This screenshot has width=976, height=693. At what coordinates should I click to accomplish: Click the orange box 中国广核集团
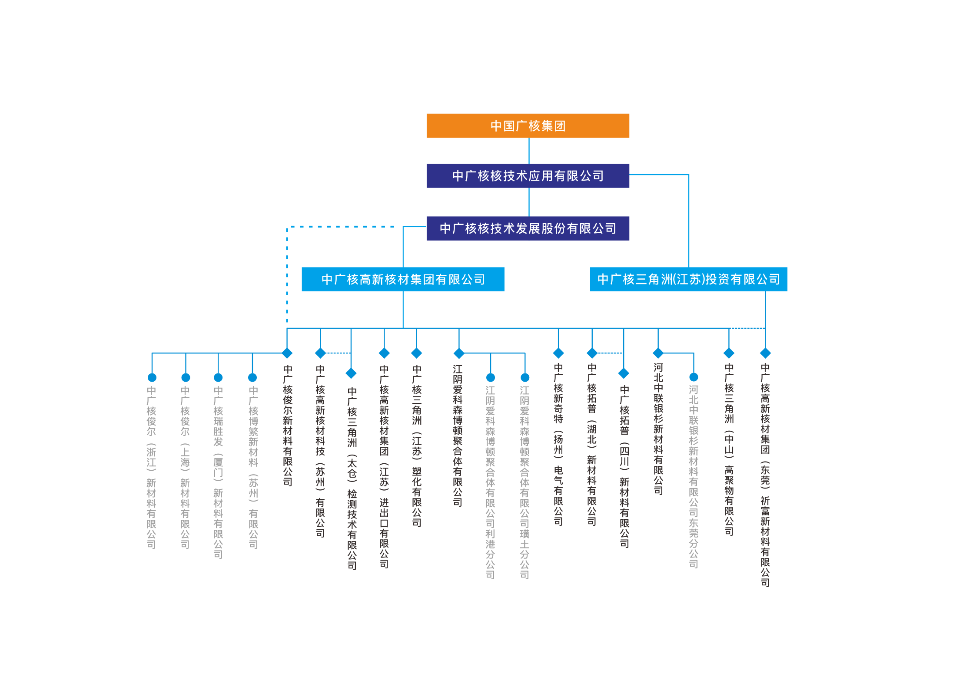pyautogui.click(x=528, y=125)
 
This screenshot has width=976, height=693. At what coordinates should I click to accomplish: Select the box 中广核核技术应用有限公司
pyautogui.click(x=528, y=175)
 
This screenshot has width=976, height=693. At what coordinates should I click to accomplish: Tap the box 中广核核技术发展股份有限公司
pyautogui.click(x=528, y=228)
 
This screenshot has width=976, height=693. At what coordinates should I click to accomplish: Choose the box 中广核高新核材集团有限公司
pyautogui.click(x=403, y=279)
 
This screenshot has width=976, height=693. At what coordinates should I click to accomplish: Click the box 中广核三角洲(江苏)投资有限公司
pyautogui.click(x=688, y=279)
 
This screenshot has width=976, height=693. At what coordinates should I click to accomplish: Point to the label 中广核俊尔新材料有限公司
pyautogui.click(x=287, y=425)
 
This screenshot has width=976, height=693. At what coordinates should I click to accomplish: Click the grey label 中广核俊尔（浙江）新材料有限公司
pyautogui.click(x=151, y=467)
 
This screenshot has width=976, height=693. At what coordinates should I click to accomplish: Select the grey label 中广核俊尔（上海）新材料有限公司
pyautogui.click(x=185, y=467)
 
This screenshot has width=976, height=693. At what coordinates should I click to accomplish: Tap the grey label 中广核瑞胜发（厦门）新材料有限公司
pyautogui.click(x=218, y=472)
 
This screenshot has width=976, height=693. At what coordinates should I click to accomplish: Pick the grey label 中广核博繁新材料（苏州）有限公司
pyautogui.click(x=253, y=467)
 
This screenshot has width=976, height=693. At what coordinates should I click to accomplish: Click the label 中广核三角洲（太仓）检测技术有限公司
pyautogui.click(x=352, y=478)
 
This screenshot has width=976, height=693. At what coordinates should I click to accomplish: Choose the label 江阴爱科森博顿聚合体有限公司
pyautogui.click(x=458, y=436)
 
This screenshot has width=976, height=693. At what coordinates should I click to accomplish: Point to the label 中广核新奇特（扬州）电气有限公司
pyautogui.click(x=558, y=444)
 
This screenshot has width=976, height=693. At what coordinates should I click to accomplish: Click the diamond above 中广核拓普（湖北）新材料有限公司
pyautogui.click(x=592, y=353)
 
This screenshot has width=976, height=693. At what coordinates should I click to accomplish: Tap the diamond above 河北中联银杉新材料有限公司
pyautogui.click(x=658, y=353)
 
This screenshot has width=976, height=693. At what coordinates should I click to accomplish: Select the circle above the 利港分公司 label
pyautogui.click(x=491, y=377)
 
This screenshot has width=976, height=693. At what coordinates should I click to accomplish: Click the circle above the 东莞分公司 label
pyautogui.click(x=694, y=377)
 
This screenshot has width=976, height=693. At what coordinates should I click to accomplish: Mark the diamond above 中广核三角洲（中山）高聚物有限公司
pyautogui.click(x=729, y=353)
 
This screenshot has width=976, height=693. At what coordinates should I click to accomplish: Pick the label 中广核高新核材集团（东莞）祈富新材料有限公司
pyautogui.click(x=765, y=475)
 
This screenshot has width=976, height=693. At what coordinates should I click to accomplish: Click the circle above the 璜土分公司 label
pyautogui.click(x=525, y=377)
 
